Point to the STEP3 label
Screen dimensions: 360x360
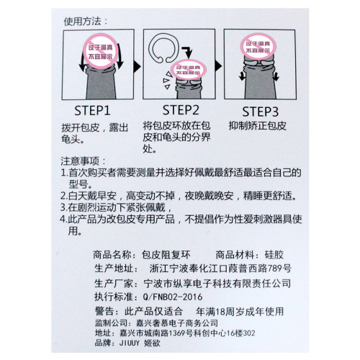tap(264, 111)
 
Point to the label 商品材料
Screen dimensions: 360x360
tap(239, 254)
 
